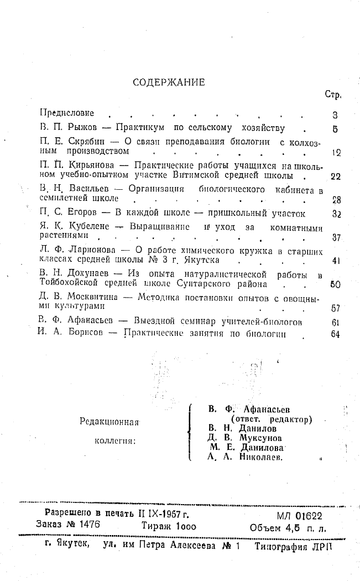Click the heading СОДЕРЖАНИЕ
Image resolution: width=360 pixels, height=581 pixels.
pos(169,82)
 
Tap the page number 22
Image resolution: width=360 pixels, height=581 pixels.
pos(335,177)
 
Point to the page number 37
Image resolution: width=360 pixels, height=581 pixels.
pos(335,238)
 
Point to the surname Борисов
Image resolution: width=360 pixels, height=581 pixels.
pos(82,334)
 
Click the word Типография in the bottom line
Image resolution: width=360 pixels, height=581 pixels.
pos(281,545)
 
